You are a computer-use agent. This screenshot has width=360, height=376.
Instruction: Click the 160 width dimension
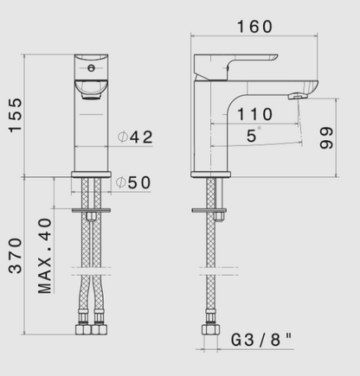pos(254,27)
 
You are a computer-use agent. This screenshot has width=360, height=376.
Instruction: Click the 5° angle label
pos(253,136)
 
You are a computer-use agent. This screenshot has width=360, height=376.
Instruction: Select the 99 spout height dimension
pos(327,136)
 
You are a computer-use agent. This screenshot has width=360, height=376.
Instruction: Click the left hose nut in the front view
pos(84,331)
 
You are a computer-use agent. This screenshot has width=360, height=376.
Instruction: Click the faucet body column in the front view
pos(91,130)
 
